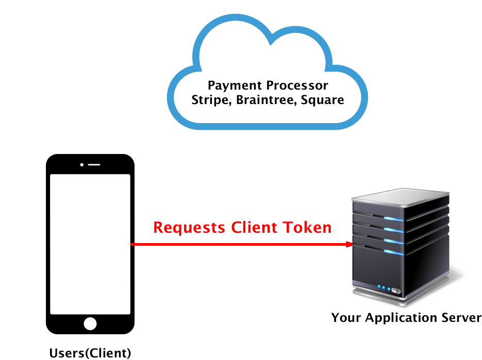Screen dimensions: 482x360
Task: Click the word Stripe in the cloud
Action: [x=211, y=100]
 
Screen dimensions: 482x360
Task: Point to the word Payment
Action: [x=235, y=85]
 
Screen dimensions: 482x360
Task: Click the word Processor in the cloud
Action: [x=297, y=85]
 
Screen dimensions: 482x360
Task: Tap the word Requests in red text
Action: [x=189, y=228]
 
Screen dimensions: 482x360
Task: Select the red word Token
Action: [x=307, y=227]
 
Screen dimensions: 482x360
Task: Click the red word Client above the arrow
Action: [x=254, y=227]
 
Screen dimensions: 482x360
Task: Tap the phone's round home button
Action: [x=90, y=324]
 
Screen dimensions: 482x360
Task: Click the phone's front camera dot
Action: [x=82, y=165]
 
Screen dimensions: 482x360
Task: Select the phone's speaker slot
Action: [x=94, y=165]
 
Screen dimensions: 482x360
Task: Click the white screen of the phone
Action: [x=90, y=244]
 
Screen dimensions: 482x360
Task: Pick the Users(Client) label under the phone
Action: [x=90, y=353]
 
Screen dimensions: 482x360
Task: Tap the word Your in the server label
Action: [x=346, y=318]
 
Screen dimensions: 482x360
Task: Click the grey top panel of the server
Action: [x=401, y=197]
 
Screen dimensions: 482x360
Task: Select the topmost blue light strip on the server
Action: [x=394, y=219]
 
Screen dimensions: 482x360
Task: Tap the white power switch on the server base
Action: [x=396, y=291]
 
